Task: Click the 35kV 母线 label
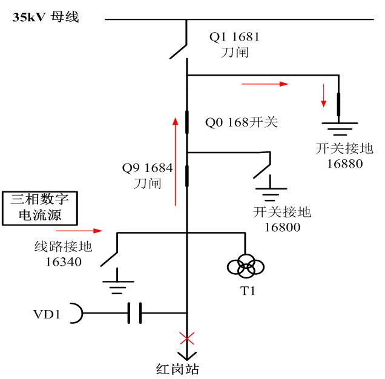[47, 18]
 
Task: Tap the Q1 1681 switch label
[234, 38]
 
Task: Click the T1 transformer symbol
[246, 265]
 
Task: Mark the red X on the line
[187, 338]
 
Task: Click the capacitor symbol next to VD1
[134, 314]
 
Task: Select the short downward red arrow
[324, 94]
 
